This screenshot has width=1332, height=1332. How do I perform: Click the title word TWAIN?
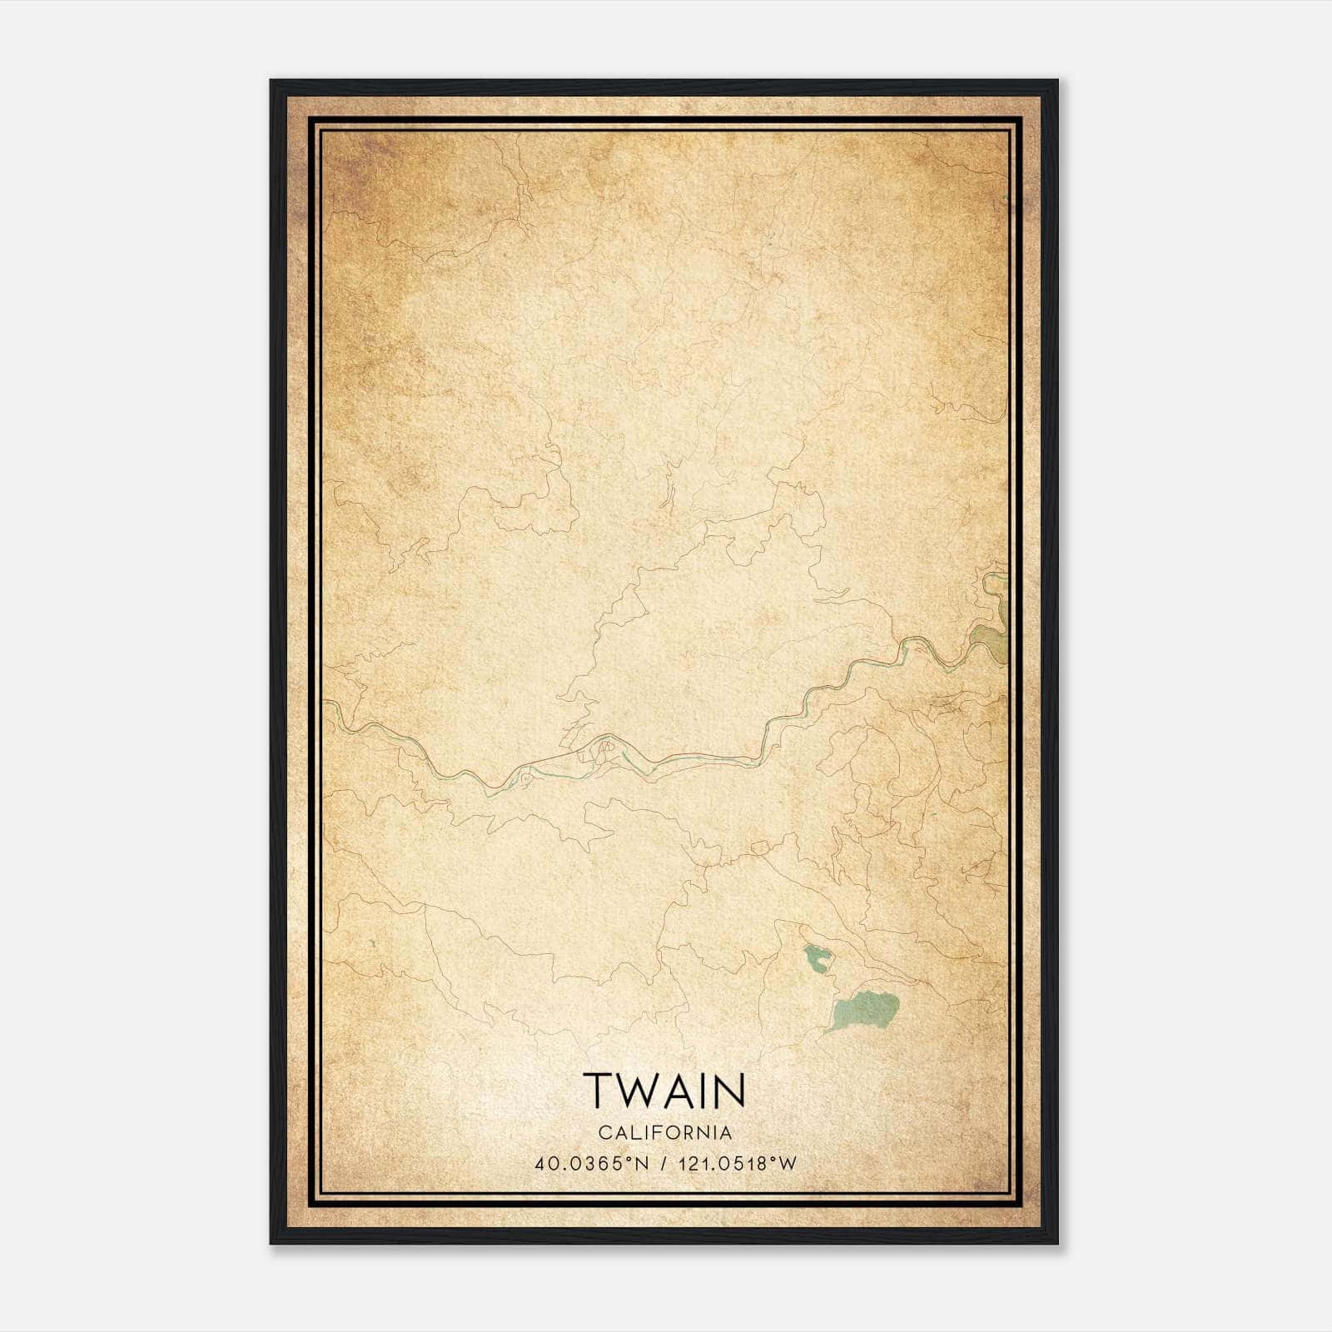coord(664,1090)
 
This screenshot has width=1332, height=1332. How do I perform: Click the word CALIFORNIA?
coord(664,1132)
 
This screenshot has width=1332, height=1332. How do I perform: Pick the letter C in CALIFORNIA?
coord(603,1132)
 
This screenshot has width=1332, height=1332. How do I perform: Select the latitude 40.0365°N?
coord(592,1163)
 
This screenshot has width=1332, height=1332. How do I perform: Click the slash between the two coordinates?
coord(664,1163)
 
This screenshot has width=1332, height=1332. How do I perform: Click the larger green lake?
coord(864,1010)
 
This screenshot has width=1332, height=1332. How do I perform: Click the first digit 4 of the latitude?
coord(541,1163)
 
